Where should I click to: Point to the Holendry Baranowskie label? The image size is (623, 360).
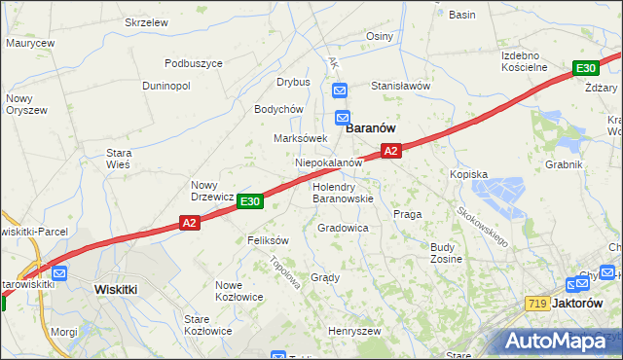[x=343, y=192]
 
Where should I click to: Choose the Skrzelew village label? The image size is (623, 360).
[x=147, y=21]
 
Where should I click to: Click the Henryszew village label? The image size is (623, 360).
[x=353, y=331]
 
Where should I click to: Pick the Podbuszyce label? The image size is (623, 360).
[x=194, y=63]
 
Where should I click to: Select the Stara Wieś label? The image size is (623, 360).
[x=118, y=159]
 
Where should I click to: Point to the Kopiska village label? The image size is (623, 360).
[x=468, y=174]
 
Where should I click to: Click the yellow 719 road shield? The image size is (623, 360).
[x=535, y=304]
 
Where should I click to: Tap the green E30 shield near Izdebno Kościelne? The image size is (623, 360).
[x=585, y=68]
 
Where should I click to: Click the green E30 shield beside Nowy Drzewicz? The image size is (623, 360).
[x=250, y=201]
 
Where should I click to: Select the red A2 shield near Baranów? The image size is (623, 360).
[x=390, y=151]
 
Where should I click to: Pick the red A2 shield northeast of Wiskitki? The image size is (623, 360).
[x=190, y=224]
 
